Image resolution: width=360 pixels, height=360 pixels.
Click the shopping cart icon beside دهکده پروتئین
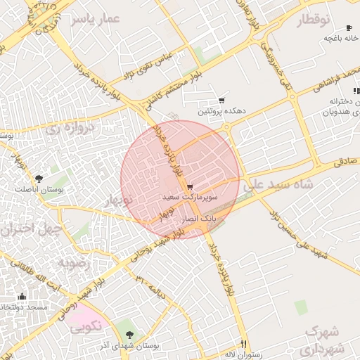click(x=222, y=101)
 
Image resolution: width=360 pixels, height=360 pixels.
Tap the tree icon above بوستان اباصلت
click(x=38, y=179)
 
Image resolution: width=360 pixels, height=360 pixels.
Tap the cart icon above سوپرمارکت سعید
click(x=191, y=187)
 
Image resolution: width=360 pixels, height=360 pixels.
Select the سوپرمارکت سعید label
click(x=191, y=198)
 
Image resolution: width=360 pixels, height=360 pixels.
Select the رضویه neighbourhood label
click(x=75, y=264)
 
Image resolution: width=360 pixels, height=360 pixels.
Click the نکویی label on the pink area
click(x=86, y=326)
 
